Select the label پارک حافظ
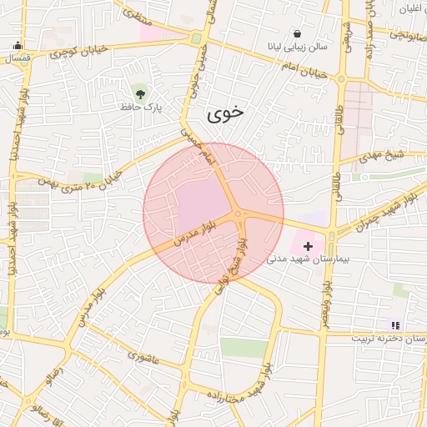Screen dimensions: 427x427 click(140, 107)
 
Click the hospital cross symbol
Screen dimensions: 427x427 click(309, 246)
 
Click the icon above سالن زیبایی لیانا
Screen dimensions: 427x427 click(298, 33)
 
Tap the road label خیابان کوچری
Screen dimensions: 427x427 click(79, 52)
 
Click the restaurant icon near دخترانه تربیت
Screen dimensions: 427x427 click(394, 324)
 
